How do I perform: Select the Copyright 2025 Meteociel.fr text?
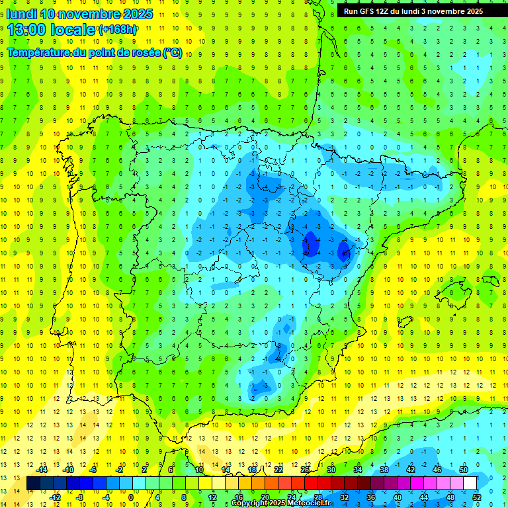(281, 503)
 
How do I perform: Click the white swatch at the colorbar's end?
(470, 484)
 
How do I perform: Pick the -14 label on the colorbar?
(42, 470)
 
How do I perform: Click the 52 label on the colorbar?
(477, 497)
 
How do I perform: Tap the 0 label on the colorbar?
(131, 497)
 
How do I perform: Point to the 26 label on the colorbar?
(305, 470)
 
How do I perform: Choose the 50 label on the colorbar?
(463, 470)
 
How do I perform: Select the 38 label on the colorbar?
(384, 470)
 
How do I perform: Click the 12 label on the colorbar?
(212, 497)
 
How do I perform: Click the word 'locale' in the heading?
(75, 30)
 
